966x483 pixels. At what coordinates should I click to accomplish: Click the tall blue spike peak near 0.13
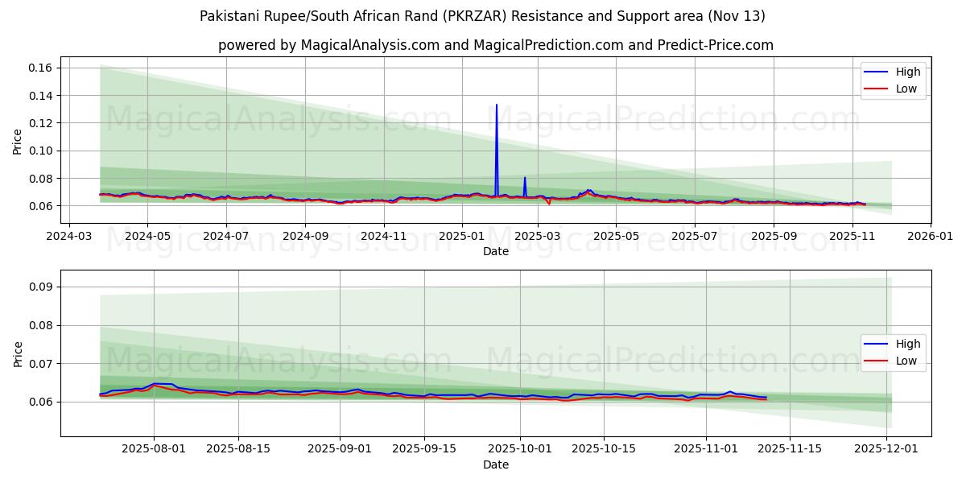(x=496, y=105)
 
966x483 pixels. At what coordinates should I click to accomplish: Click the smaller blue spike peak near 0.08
(x=525, y=178)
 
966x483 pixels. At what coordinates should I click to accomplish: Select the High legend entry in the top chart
(x=894, y=72)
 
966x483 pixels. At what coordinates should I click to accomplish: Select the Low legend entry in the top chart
(x=894, y=89)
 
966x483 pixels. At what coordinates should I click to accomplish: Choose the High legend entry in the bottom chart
(x=894, y=345)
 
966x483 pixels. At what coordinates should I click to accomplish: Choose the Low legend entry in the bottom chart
(x=894, y=361)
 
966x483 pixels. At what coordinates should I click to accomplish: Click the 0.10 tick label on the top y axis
(x=40, y=151)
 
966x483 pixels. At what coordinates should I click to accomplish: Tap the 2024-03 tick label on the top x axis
(x=68, y=236)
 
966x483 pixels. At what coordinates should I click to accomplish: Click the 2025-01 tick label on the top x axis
(x=462, y=236)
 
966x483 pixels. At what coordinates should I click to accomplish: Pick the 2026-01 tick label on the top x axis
(x=930, y=236)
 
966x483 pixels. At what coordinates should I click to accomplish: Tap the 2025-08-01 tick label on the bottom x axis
(x=155, y=449)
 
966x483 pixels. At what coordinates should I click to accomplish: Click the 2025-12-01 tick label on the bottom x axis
(x=886, y=449)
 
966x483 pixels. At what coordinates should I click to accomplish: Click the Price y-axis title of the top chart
(x=18, y=142)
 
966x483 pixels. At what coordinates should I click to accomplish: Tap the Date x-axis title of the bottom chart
(x=496, y=464)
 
